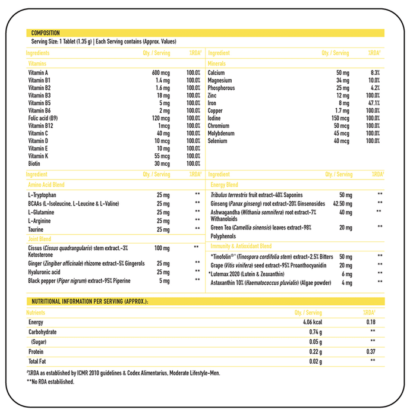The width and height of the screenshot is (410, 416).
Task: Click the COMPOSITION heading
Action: [x=45, y=33]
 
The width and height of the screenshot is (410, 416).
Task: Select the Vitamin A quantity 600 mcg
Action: [x=160, y=73]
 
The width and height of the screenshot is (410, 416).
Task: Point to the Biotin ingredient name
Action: [x=34, y=163]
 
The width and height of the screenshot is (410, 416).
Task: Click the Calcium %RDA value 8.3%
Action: [x=373, y=73]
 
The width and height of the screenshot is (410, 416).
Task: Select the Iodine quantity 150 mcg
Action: [x=339, y=118]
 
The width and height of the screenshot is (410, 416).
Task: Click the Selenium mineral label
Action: [x=218, y=141]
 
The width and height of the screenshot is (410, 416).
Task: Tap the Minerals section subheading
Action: [x=217, y=63]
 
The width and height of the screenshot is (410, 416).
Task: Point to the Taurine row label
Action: [x=36, y=228]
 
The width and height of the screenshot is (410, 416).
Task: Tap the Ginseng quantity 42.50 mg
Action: [x=339, y=203]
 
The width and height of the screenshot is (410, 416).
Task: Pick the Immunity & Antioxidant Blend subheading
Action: [x=240, y=246]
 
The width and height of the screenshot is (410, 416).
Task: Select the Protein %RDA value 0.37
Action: [x=372, y=352]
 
